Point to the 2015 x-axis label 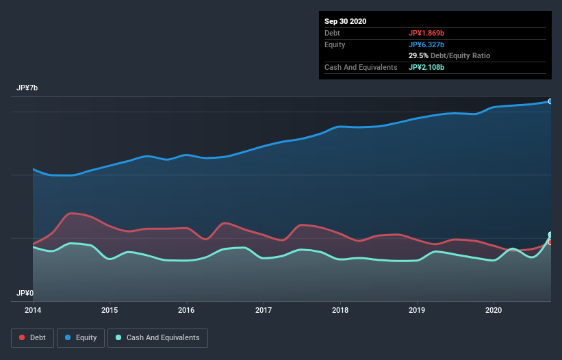(x=110, y=309)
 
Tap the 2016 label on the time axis (x=186, y=309)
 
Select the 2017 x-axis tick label (x=264, y=309)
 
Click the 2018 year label (x=340, y=309)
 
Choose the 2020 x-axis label (x=494, y=309)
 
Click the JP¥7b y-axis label (x=27, y=88)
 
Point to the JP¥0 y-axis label (x=25, y=293)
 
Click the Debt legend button (x=32, y=338)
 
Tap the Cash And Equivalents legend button (x=157, y=338)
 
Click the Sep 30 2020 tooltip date (x=346, y=21)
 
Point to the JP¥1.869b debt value (x=426, y=33)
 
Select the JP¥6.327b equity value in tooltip (x=426, y=44)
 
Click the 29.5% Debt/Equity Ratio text (x=449, y=56)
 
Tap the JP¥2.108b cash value (x=426, y=68)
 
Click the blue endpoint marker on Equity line (x=550, y=101)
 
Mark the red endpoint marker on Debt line (x=550, y=242)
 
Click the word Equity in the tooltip (x=335, y=44)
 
